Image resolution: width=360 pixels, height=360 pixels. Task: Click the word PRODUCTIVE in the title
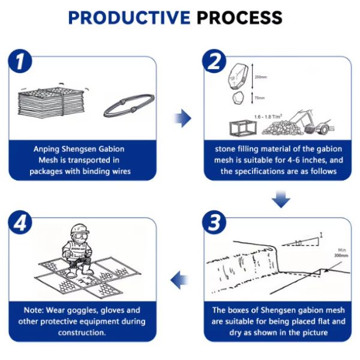coord(128,17)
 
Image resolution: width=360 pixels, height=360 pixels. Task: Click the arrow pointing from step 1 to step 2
coord(182,118)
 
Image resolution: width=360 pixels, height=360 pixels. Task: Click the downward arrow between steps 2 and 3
coord(281,198)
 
